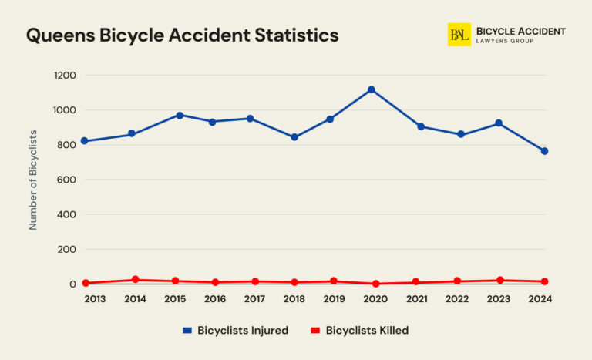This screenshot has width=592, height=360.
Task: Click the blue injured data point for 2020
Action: tap(372, 90)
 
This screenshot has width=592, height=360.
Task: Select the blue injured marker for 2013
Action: tap(84, 141)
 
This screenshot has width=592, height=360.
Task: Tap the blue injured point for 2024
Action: tap(544, 151)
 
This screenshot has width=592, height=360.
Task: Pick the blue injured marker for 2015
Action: tap(180, 116)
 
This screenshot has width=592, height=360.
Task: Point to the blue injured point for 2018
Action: tap(294, 137)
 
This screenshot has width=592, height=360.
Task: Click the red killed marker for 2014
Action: tap(135, 280)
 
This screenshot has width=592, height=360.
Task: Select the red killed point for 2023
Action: tap(500, 281)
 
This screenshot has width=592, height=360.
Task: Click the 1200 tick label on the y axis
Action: tap(65, 76)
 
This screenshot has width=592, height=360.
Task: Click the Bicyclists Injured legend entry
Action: tap(235, 331)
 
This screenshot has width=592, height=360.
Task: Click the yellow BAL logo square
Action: tap(459, 35)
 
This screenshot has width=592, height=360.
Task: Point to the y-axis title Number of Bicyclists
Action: tap(33, 180)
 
